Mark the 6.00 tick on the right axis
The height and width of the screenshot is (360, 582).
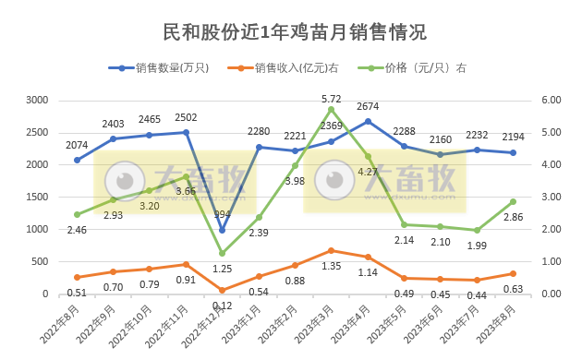552,100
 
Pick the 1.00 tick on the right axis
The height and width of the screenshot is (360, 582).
552,261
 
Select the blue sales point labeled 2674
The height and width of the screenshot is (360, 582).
368,121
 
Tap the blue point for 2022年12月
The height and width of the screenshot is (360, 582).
223,230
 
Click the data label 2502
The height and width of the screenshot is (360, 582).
185,117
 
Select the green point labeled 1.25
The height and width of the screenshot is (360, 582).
223,253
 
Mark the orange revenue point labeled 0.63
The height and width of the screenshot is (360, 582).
513,273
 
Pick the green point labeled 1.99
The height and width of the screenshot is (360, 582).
477,230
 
